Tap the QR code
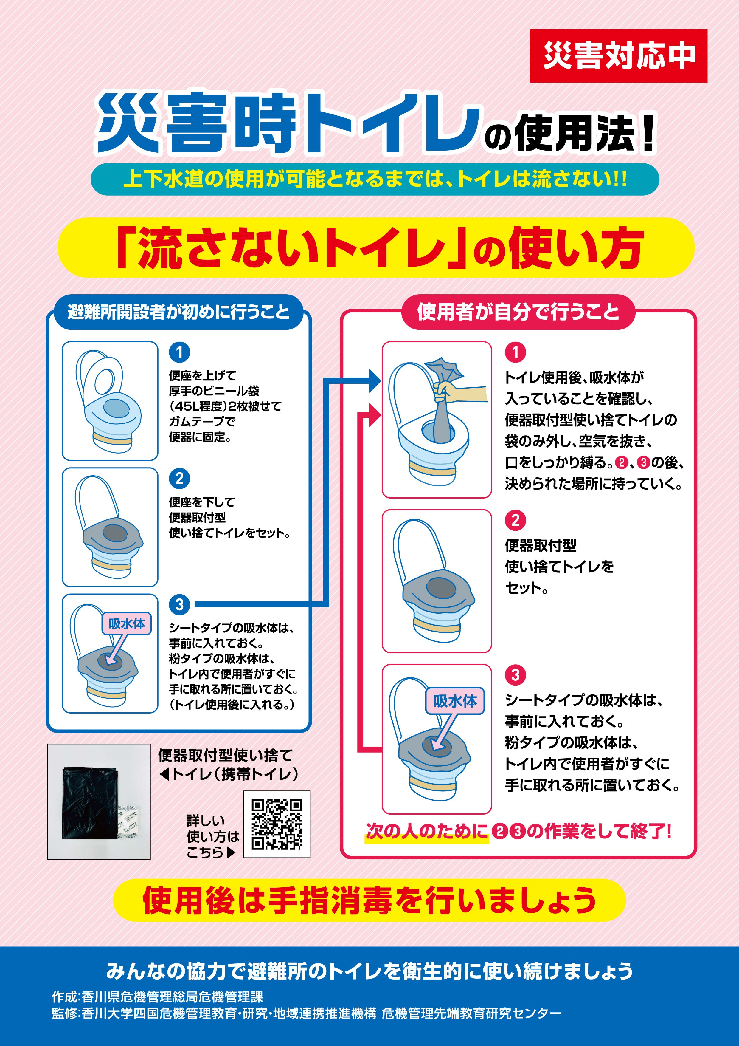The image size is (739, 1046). coord(277,824)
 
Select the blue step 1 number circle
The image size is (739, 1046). coord(179,352)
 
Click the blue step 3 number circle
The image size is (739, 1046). coord(179,604)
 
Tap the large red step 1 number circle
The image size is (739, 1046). coord(516,352)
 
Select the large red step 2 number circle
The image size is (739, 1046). coord(516,520)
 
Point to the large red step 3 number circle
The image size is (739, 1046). coord(516,675)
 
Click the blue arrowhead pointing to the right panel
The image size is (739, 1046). coord(375,380)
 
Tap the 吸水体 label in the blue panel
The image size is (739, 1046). coord(127,624)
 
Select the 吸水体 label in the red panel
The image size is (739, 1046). coord(455,701)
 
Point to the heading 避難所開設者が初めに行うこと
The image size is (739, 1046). coord(178,312)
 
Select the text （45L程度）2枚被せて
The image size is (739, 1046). coord(225,406)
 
